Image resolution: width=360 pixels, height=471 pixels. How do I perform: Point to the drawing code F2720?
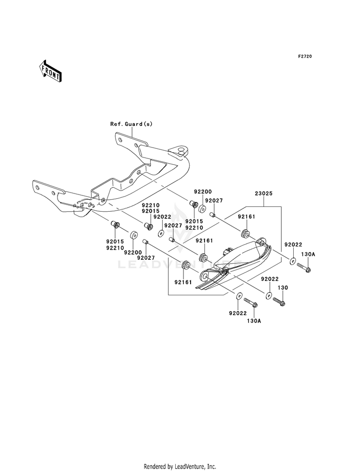305,56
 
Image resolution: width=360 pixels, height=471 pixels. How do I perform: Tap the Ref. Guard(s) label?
131,124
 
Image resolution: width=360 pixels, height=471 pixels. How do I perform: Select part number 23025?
264,193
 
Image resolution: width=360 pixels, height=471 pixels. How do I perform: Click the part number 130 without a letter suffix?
283,288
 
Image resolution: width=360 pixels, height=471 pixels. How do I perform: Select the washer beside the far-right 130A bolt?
293,260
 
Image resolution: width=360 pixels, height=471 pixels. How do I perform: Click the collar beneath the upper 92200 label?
202,208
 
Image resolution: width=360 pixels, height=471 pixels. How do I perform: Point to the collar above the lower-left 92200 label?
133,235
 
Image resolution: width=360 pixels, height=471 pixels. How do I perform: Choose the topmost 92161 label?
247,217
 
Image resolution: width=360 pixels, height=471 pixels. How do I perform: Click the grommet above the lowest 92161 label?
186,265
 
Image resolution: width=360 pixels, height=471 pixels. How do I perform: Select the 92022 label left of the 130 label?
270,279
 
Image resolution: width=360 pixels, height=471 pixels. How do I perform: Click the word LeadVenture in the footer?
190,466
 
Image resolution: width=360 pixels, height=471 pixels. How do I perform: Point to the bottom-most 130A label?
254,321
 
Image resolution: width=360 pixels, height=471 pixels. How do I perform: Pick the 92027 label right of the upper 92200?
214,200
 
